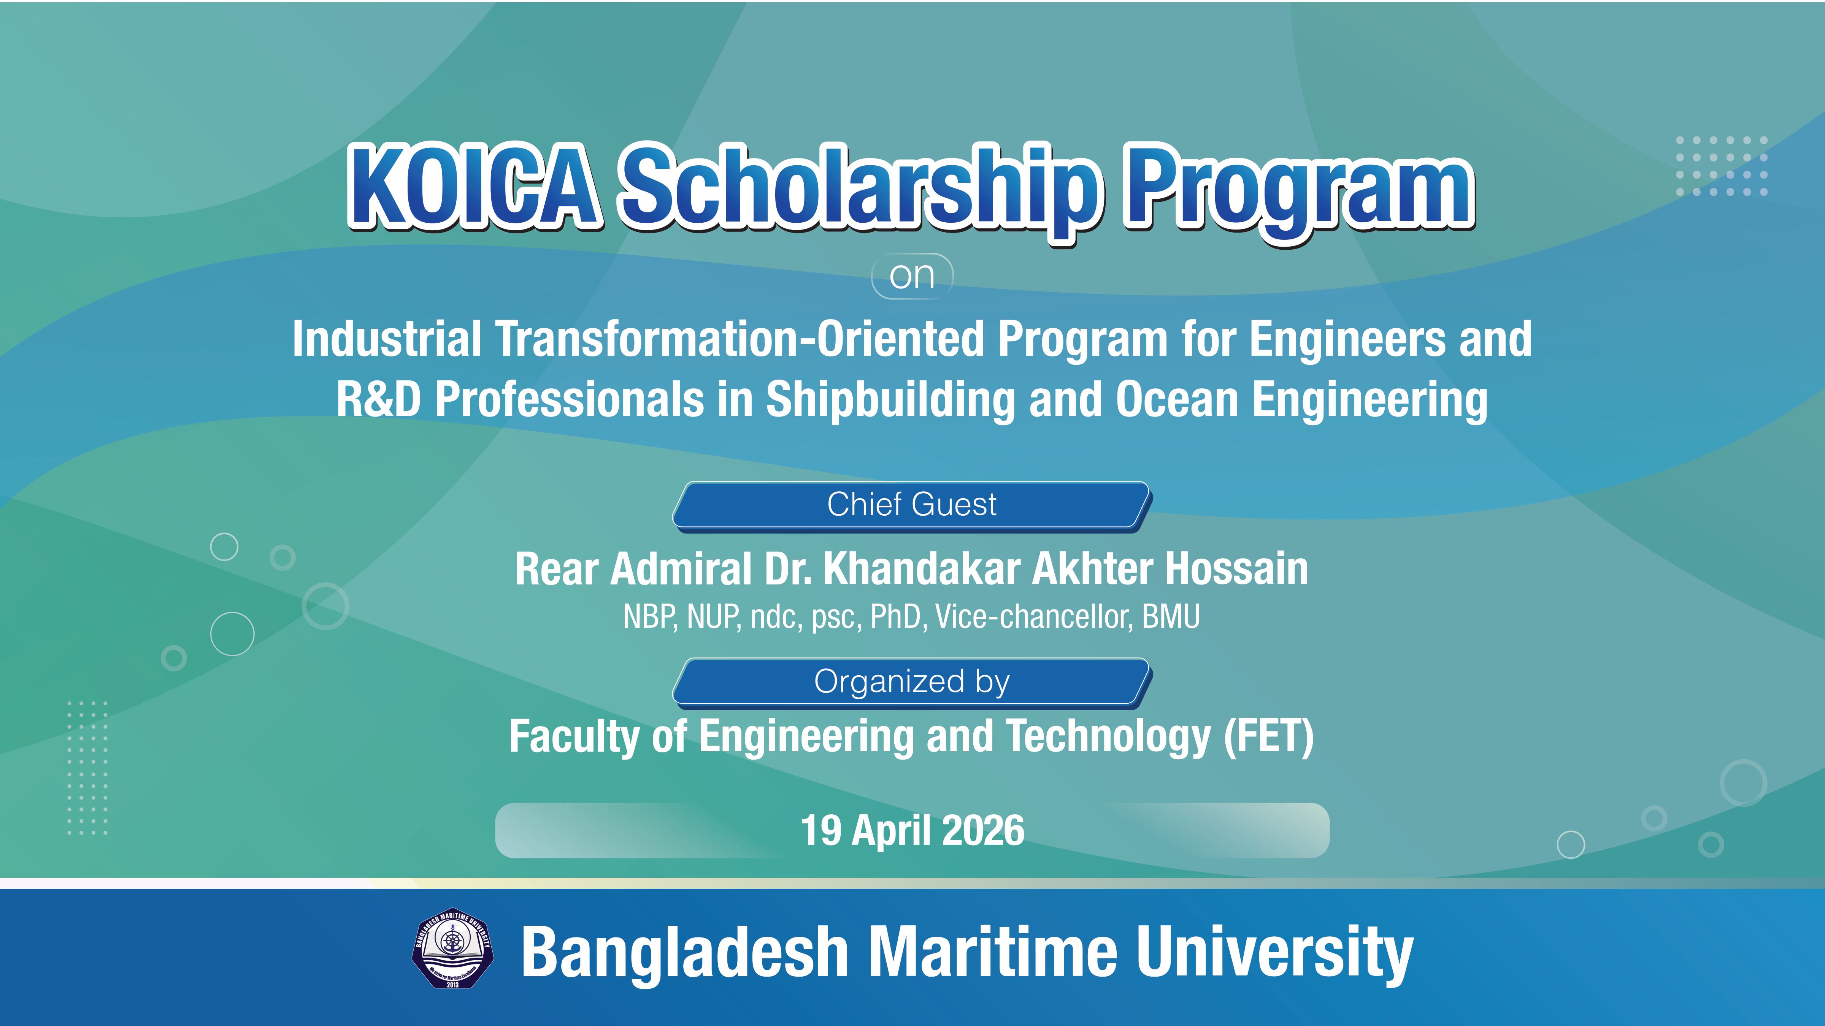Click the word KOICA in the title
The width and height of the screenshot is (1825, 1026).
(474, 186)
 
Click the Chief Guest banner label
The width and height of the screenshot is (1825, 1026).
(912, 504)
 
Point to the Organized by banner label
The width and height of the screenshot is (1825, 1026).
(912, 682)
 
